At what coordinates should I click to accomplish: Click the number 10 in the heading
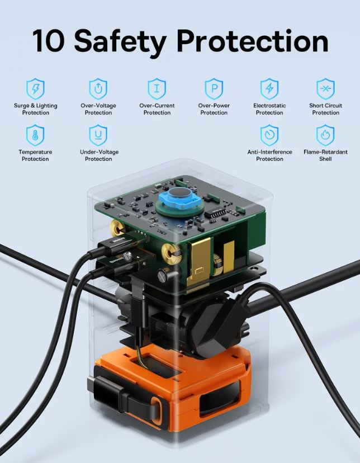pyautogui.click(x=49, y=41)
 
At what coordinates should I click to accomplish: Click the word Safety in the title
pyautogui.click(x=120, y=43)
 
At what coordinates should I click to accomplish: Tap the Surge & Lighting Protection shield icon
pyautogui.click(x=35, y=88)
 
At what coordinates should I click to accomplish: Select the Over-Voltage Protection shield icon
pyautogui.click(x=98, y=88)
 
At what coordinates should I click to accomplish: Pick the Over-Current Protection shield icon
pyautogui.click(x=157, y=88)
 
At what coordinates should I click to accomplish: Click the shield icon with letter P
pyautogui.click(x=214, y=88)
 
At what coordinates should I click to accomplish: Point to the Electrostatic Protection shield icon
pyautogui.click(x=269, y=88)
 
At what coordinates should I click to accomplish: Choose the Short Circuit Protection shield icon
pyautogui.click(x=325, y=88)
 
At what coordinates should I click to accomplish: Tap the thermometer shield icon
pyautogui.click(x=35, y=135)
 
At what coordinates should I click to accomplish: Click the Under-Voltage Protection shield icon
pyautogui.click(x=98, y=135)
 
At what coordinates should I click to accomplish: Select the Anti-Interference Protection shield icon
pyautogui.click(x=269, y=135)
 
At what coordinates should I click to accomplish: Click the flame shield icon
pyautogui.click(x=325, y=135)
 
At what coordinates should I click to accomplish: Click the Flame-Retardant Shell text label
pyautogui.click(x=325, y=155)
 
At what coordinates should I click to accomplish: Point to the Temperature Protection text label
pyautogui.click(x=35, y=155)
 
